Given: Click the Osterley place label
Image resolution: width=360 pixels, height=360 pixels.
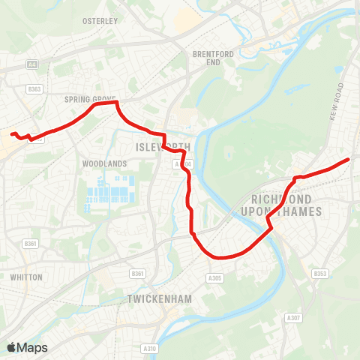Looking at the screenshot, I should pos(100,21).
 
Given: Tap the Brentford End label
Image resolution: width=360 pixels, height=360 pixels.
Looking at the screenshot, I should pos(208,58).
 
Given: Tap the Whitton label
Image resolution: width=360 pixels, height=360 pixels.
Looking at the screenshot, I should pos(26,277).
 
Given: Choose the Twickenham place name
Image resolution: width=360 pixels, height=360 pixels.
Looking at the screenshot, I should pos(160,299).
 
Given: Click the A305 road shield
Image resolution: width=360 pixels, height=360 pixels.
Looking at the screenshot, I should pos(215,277).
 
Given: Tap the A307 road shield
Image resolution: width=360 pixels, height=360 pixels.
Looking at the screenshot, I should pos(293,318).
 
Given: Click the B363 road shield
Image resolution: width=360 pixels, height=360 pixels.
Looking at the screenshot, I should pos(33,88).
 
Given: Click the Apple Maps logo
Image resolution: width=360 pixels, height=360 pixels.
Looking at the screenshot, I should pos(27,347).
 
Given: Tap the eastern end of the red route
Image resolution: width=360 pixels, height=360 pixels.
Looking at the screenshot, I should pos(349,159).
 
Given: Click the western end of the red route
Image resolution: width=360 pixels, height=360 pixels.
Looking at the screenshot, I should pos(12,134).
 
